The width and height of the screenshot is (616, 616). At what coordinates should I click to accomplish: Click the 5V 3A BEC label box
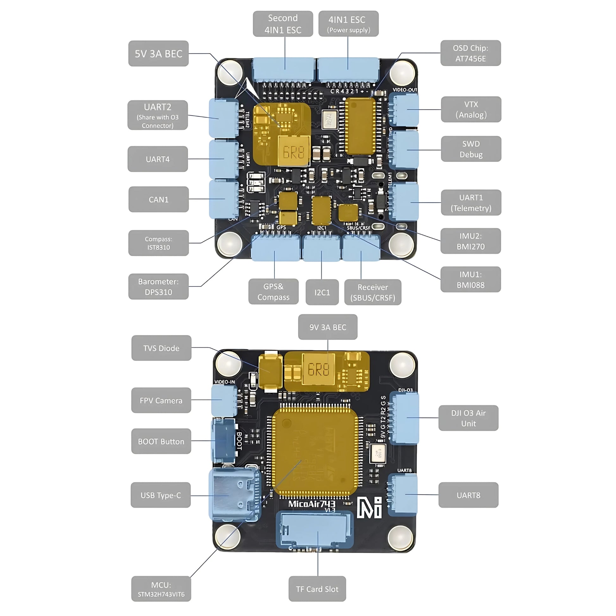pyautogui.click(x=159, y=53)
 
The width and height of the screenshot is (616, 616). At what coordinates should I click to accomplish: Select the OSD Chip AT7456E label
pyautogui.click(x=470, y=53)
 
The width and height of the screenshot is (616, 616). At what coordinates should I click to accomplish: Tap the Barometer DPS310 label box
pyautogui.click(x=159, y=287)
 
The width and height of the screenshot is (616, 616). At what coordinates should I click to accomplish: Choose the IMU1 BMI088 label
pyautogui.click(x=470, y=280)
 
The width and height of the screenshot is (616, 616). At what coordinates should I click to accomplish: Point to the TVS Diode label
pyautogui.click(x=161, y=348)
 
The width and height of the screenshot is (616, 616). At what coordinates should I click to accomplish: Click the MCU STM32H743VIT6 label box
pyautogui.click(x=161, y=589)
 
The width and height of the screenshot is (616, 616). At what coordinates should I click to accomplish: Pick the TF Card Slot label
pyautogui.click(x=317, y=589)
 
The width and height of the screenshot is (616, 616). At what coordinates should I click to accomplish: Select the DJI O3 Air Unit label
pyautogui.click(x=468, y=418)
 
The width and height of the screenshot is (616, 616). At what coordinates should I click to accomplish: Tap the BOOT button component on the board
pyautogui.click(x=224, y=441)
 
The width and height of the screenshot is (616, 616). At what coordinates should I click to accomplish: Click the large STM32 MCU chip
pyautogui.click(x=315, y=452)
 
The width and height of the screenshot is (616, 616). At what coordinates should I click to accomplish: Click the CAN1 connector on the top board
pyautogui.click(x=224, y=199)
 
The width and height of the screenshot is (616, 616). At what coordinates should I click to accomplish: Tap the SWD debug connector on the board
pyautogui.click(x=405, y=149)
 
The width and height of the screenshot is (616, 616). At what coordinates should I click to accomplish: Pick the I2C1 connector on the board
pyautogui.click(x=321, y=248)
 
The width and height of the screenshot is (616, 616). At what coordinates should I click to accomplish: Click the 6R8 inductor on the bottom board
pyautogui.click(x=318, y=369)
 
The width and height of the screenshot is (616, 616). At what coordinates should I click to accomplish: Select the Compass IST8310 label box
pyautogui.click(x=159, y=243)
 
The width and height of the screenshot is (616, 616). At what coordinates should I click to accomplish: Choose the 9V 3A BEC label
pyautogui.click(x=327, y=327)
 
